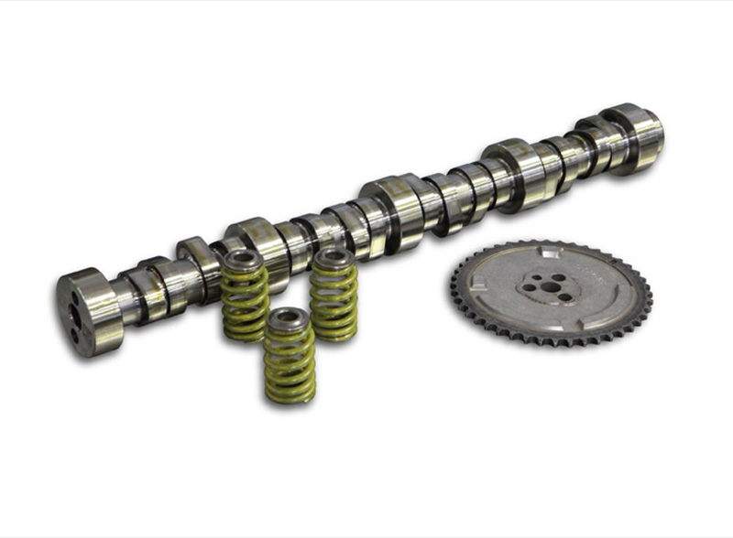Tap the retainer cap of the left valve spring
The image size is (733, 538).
(x=244, y=260)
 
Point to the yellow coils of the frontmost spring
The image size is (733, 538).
(x=289, y=366)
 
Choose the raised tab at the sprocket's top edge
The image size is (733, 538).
(x=550, y=251)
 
